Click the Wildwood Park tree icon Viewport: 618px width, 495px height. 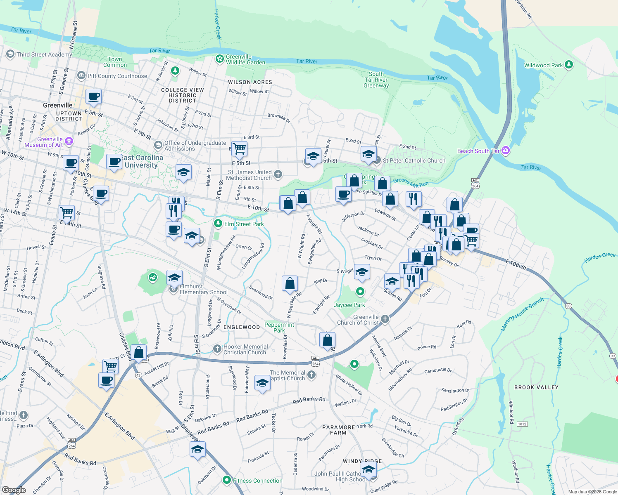tap(569, 65)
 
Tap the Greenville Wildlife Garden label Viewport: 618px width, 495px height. tap(245, 59)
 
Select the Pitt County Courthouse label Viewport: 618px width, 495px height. tap(117, 76)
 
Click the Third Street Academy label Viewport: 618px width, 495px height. tap(44, 54)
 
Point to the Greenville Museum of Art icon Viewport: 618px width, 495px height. tap(69, 142)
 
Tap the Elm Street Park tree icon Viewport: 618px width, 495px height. tap(218, 224)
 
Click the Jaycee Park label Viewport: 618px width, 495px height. tap(349, 305)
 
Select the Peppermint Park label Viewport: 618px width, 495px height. tap(279, 328)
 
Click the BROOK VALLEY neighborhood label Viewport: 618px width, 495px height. tap(536, 387)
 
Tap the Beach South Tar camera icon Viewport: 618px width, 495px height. tap(506, 151)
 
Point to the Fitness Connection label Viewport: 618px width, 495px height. tap(257, 481)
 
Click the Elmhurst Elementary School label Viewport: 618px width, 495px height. tap(203, 289)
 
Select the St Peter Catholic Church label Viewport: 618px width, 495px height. tap(414, 160)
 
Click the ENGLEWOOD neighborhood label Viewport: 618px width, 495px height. tap(242, 327)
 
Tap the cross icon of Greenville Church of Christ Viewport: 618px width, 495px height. tap(385, 319)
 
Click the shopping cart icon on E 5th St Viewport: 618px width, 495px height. tap(240, 148)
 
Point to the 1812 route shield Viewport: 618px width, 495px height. tap(522, 424)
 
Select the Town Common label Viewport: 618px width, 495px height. tap(115, 62)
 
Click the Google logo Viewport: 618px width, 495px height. tap(14, 490)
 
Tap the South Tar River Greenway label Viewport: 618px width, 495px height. tap(376, 80)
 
